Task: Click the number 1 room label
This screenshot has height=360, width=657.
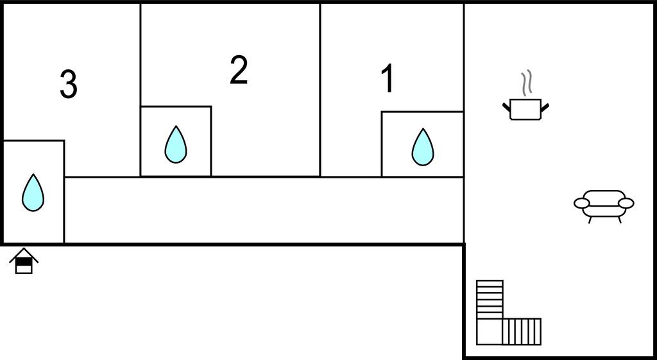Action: [x=387, y=80]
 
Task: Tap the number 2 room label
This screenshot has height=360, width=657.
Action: [x=239, y=70]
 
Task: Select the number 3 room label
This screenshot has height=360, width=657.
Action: [x=68, y=85]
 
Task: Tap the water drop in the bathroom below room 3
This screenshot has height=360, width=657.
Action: [x=33, y=192]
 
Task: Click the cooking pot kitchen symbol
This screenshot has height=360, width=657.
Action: [x=525, y=108]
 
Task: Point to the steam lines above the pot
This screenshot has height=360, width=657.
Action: [x=526, y=83]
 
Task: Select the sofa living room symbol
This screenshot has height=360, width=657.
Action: [x=603, y=204]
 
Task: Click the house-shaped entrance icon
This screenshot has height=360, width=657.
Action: [x=24, y=261]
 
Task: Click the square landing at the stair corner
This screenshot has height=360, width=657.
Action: [x=489, y=331]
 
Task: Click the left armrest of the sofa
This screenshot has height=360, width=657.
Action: [x=581, y=203]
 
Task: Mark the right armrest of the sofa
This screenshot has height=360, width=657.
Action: [x=626, y=203]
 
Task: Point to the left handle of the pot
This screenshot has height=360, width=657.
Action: [x=506, y=107]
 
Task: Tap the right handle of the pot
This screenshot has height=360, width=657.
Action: [x=546, y=107]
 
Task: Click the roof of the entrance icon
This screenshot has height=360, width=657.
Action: [x=24, y=255]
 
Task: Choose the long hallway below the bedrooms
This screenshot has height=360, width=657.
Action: [x=263, y=210]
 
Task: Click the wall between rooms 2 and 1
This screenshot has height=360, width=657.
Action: [x=320, y=90]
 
